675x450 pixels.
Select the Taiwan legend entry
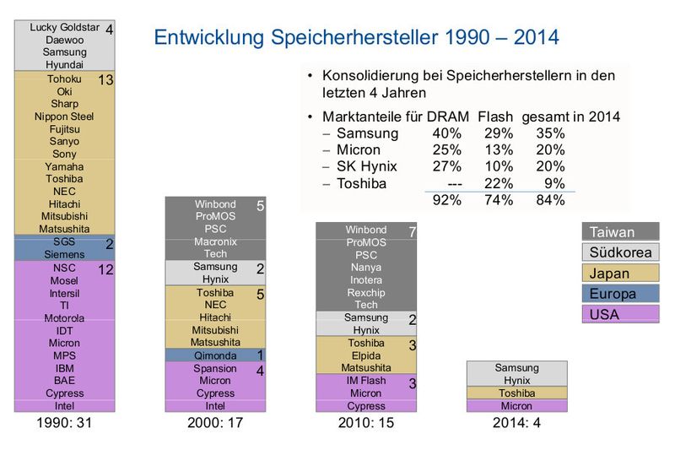coord(620,232)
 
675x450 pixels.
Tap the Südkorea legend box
coord(620,252)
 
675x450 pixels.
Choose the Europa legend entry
coord(620,293)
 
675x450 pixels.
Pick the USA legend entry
coord(620,314)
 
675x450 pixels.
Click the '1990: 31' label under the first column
coord(64,423)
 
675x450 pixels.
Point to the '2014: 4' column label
coord(517,423)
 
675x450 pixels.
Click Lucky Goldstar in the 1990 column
coord(66,27)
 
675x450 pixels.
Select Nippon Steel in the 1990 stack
coord(64,117)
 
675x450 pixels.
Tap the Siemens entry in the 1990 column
coord(64,254)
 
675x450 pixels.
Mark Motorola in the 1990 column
coord(64,318)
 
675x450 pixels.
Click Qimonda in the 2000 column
coord(215,355)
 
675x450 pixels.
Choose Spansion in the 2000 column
coord(215,369)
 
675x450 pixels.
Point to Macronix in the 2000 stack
coord(215,241)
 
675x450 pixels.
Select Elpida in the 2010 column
coord(365,355)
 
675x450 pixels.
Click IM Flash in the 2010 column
coord(365,381)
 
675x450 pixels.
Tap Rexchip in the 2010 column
coord(365,292)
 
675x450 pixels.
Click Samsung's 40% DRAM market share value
coord(446,133)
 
